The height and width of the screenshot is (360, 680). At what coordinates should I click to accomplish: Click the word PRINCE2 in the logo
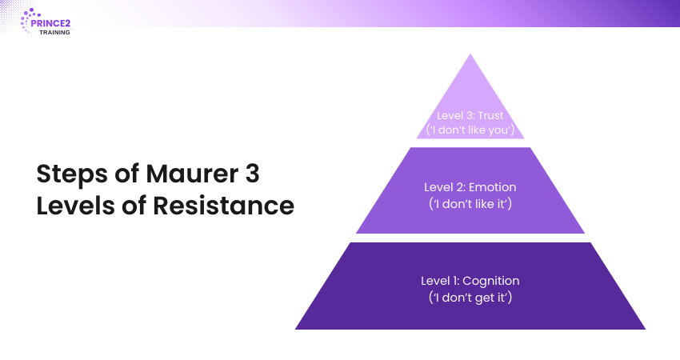click(x=50, y=23)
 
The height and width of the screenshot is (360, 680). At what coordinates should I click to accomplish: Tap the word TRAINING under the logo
click(x=54, y=33)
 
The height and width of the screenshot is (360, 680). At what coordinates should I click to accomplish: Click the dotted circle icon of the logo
click(x=29, y=20)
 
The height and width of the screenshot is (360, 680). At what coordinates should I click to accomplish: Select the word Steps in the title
click(x=72, y=174)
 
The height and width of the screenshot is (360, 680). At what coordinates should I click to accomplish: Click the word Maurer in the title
click(x=192, y=174)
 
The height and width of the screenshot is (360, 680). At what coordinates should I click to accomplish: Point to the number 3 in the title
click(x=252, y=174)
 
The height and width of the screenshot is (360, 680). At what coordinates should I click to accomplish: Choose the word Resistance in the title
click(x=223, y=205)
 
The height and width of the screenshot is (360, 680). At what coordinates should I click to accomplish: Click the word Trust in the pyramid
click(x=490, y=116)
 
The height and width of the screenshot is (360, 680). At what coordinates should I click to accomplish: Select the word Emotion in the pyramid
click(x=492, y=187)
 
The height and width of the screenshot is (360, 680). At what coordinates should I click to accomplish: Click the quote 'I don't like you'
click(x=470, y=130)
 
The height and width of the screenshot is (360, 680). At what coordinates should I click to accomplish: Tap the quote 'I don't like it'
click(x=470, y=203)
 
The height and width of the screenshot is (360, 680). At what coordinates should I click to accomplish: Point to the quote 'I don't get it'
click(x=470, y=298)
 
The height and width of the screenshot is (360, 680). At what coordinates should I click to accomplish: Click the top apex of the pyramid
click(x=470, y=54)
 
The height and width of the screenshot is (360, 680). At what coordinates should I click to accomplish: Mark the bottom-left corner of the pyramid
click(x=295, y=330)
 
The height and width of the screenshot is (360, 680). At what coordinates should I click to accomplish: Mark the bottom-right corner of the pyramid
click(x=646, y=330)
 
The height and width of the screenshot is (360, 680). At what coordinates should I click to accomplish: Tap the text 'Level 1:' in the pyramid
click(x=440, y=281)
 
